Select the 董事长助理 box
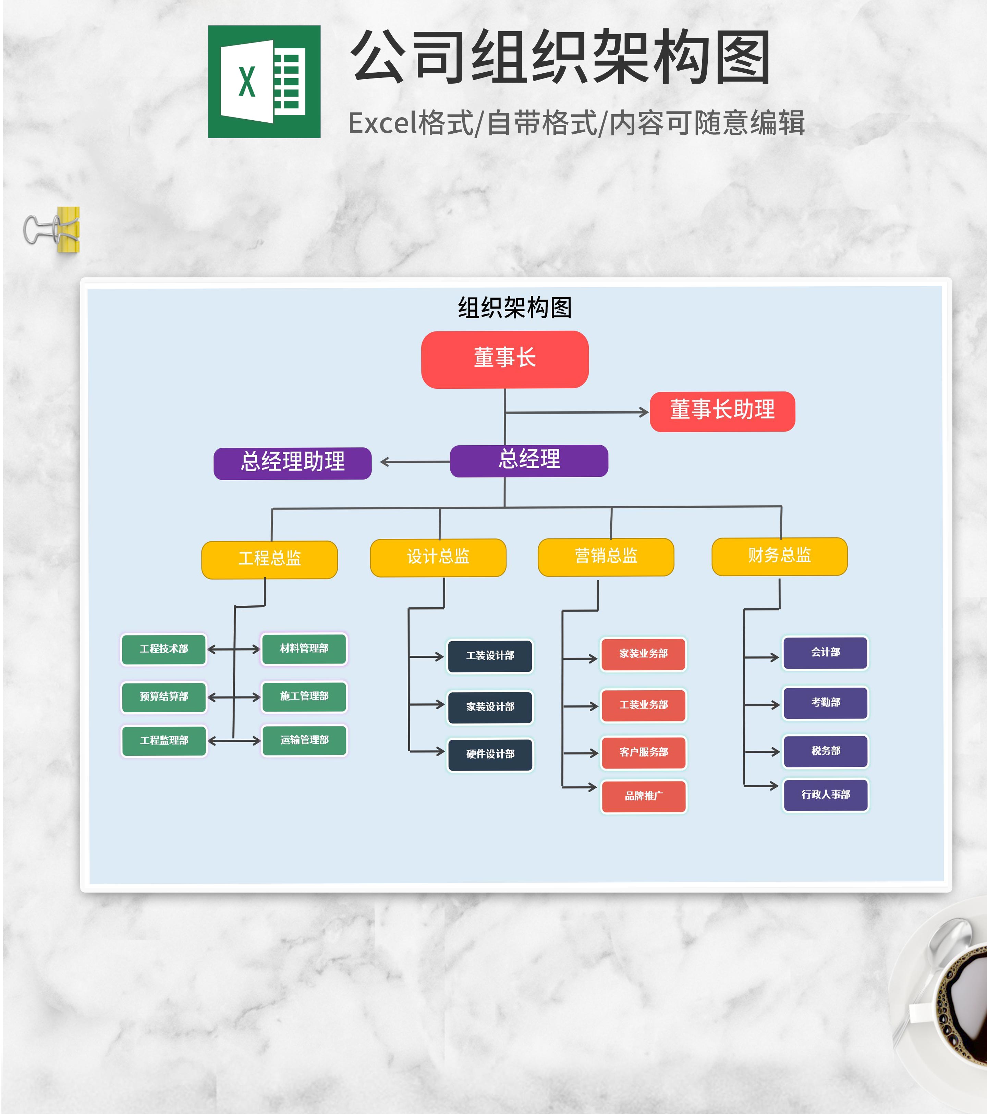[722, 411]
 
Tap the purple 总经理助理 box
[293, 463]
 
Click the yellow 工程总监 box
[269, 559]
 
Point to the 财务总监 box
[779, 556]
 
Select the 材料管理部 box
[304, 649]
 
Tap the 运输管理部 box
[304, 740]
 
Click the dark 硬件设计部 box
[490, 754]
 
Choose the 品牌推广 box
[644, 796]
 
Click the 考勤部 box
[826, 703]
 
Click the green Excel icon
[264, 82]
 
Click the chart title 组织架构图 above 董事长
[514, 308]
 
